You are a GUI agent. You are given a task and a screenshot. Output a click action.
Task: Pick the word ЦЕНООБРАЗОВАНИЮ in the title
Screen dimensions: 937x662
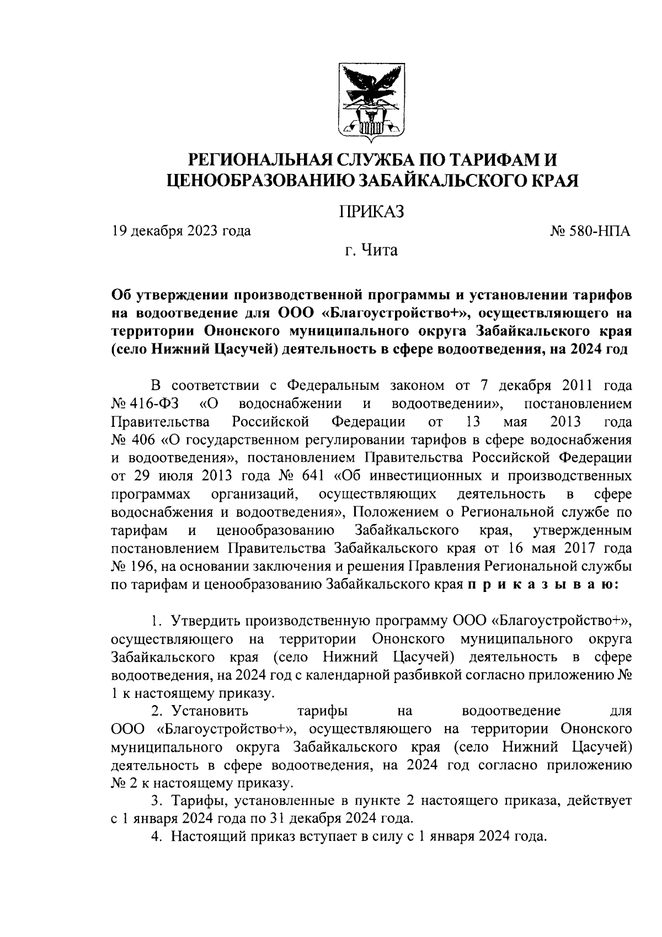(261, 181)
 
